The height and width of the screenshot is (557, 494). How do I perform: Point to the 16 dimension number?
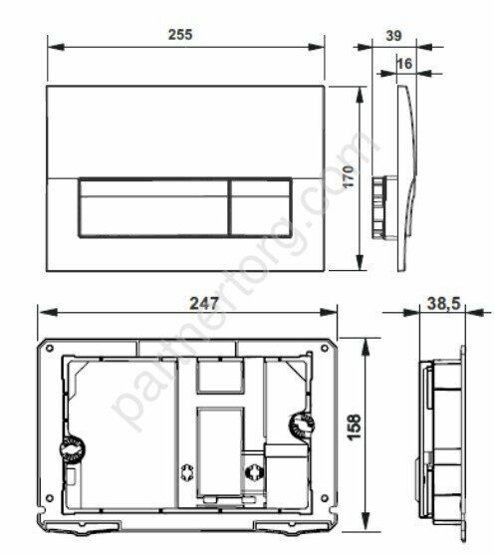click(x=403, y=62)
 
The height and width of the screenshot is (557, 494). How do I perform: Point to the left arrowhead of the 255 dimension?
click(x=52, y=46)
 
